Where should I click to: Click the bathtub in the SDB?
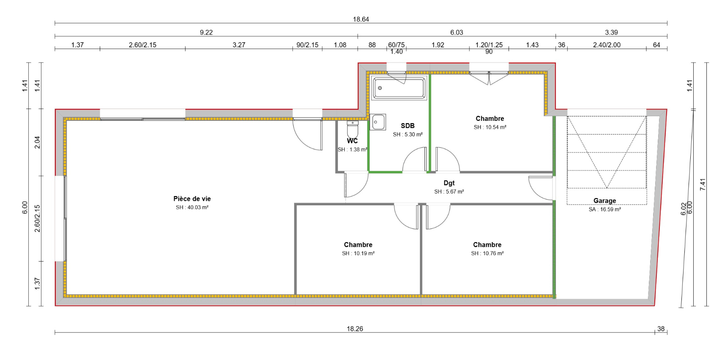(x=399, y=88)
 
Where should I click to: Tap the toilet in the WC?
(x=352, y=129)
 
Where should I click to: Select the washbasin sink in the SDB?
(x=378, y=122)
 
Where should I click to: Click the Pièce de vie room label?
(x=192, y=199)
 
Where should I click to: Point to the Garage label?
(x=605, y=201)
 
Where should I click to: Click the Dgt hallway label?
(x=449, y=183)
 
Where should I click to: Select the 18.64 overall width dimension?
(x=361, y=19)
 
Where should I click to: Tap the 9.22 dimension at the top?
(x=206, y=33)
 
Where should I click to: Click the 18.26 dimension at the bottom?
(x=355, y=329)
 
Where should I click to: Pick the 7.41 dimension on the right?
(x=703, y=184)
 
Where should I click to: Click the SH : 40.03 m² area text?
(x=192, y=207)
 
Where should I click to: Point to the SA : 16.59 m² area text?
(x=605, y=210)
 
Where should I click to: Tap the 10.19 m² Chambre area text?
(x=358, y=254)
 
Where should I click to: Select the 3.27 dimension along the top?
(x=239, y=45)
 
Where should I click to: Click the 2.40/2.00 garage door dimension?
(x=607, y=45)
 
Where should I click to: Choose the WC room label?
(x=352, y=141)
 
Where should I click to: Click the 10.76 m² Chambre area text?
(x=487, y=254)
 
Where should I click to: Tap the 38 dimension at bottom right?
(x=661, y=329)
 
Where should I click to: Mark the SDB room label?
(x=408, y=126)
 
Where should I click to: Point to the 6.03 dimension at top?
(x=457, y=33)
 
